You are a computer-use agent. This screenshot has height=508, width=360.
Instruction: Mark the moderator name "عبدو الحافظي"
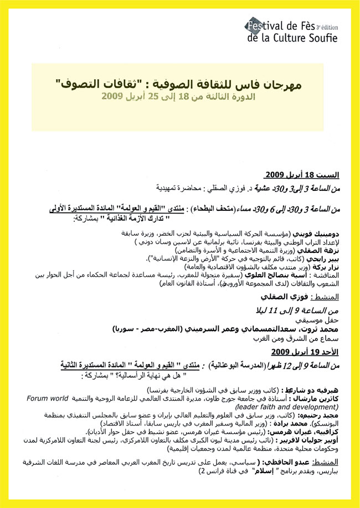pyautogui.click(x=287, y=460)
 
